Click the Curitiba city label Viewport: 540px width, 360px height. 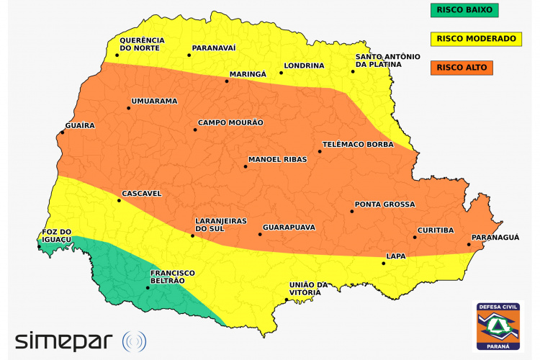(x=435, y=230)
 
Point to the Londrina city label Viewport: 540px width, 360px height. (x=304, y=66)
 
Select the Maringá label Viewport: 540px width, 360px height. (x=248, y=74)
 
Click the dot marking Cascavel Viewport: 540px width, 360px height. (x=120, y=200)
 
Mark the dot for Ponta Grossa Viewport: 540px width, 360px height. (x=352, y=211)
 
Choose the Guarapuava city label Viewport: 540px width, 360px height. (x=289, y=227)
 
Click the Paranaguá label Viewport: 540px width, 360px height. (x=495, y=237)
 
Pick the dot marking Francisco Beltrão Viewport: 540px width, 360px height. (x=148, y=288)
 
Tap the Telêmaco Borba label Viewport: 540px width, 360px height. (x=357, y=144)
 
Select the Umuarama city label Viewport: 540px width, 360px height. (x=154, y=101)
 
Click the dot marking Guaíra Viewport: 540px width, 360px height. (x=63, y=132)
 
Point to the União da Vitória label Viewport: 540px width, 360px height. (x=308, y=289)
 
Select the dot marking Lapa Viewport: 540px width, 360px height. (x=383, y=264)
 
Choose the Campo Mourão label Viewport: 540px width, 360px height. (x=230, y=122)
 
